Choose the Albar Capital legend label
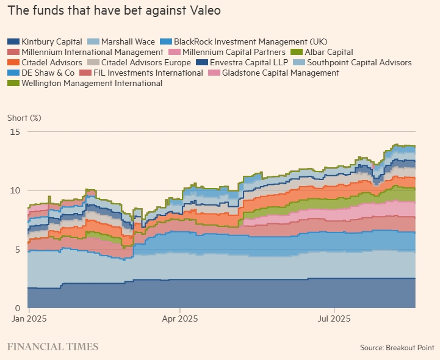tap(329, 52)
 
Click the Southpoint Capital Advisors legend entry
tap(359, 62)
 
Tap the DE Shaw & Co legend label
tap(48, 73)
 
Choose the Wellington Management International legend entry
tap(92, 83)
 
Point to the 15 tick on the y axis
tap(16, 132)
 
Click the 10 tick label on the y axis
tap(16, 190)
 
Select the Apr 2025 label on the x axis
tap(179, 319)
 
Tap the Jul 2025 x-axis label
tap(334, 319)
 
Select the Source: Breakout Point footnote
tap(397, 347)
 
